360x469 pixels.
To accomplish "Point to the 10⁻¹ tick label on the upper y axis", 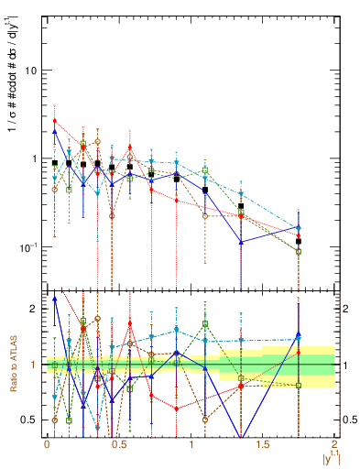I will (26, 247).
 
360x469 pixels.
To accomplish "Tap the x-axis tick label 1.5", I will (262, 443).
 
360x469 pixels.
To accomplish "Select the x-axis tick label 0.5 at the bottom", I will (118, 443).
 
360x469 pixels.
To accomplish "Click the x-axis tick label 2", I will (335, 443).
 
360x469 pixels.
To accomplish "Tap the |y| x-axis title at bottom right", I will (329, 456).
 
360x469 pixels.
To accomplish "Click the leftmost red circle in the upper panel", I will (55, 121).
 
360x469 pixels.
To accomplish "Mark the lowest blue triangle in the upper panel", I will (241, 243).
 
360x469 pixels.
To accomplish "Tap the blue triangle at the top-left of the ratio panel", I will (55, 299).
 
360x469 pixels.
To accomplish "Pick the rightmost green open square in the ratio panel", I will (299, 385).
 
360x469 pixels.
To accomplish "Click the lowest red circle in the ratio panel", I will (176, 409).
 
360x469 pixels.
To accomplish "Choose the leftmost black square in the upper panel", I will (55, 163).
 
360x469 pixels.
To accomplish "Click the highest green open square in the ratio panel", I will (83, 322).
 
